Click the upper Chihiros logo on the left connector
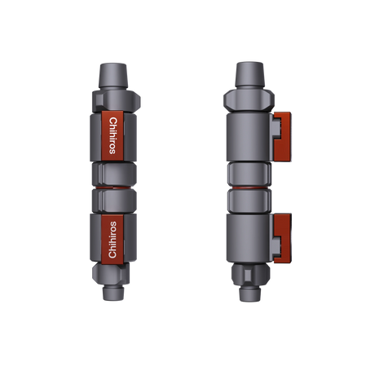(112, 136)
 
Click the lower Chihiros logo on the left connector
(112, 240)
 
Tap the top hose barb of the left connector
(112, 76)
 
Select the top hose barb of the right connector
(249, 75)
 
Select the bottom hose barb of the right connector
(249, 293)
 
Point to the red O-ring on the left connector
(113, 187)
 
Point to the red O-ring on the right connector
(249, 187)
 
